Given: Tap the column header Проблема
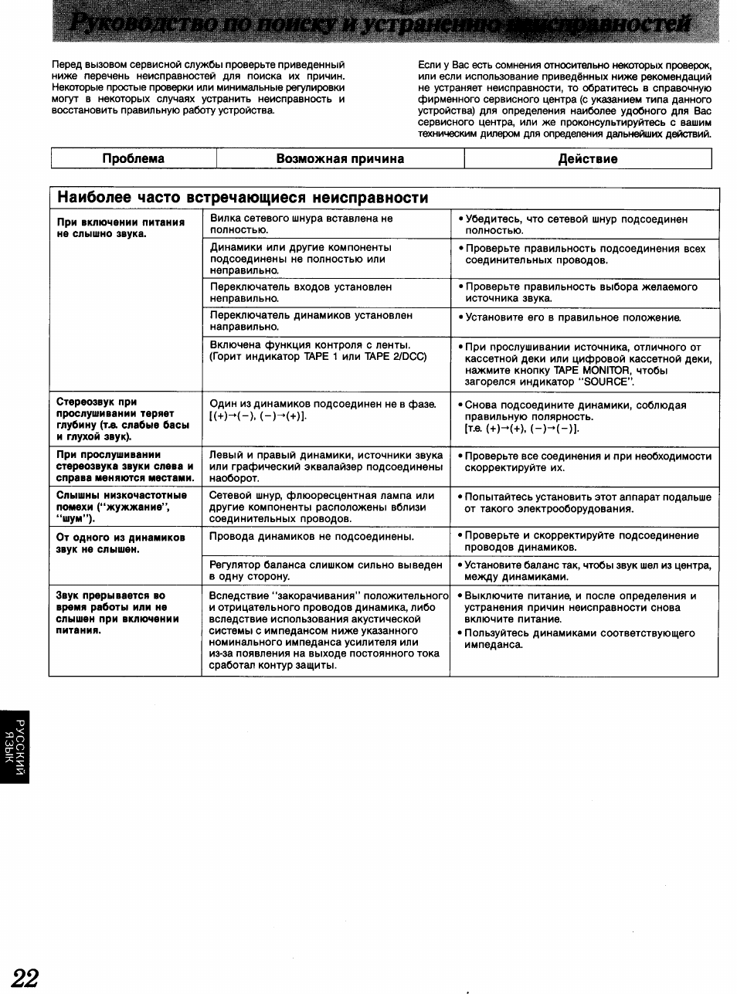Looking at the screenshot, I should tap(134, 158).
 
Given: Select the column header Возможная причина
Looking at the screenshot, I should tap(340, 158).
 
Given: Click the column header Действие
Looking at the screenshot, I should tap(587, 158).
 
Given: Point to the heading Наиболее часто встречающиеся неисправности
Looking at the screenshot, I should tap(243, 198).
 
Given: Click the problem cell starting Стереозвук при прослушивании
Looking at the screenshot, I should tap(116, 419).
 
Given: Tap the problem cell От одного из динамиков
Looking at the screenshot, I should tap(121, 543).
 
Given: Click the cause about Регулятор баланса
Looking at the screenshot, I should tap(325, 570).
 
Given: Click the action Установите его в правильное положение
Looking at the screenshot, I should tap(572, 317).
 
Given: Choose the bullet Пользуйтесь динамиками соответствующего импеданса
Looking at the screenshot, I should tap(579, 639).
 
